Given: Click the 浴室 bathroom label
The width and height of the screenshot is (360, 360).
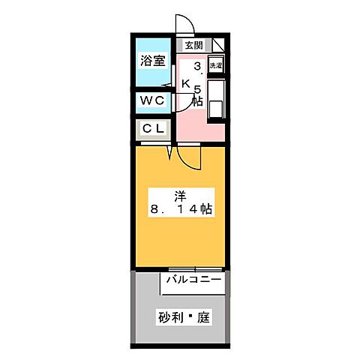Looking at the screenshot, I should click(153, 61).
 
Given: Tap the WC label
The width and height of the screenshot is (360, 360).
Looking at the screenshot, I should click(153, 100).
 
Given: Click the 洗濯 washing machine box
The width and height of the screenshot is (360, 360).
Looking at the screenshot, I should click(216, 66).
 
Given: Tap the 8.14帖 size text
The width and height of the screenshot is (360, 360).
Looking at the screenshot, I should click(181, 210).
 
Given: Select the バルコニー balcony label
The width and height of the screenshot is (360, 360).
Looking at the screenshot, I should click(193, 280).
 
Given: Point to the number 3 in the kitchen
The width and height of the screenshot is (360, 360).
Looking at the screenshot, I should click(197, 66).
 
